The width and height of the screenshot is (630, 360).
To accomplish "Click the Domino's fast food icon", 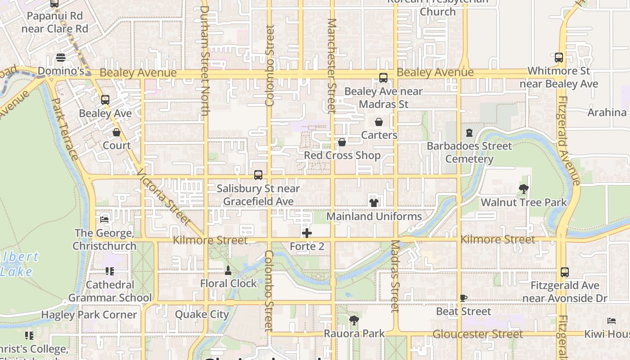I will pos(61,58).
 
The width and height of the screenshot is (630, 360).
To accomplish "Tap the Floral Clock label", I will pos(229,283).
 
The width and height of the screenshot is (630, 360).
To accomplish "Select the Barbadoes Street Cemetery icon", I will pos(469,133).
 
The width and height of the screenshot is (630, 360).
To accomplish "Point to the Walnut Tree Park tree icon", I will pos(523,189).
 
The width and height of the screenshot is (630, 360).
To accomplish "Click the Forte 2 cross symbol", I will pos(307,233).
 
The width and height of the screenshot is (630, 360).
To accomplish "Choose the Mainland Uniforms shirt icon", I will pos(374,203).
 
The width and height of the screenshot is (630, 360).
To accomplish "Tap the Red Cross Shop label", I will pos(342,155).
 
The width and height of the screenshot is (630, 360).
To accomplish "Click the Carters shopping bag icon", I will pos(379,122).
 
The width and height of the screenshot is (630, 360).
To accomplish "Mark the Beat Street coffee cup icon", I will pos(463,298).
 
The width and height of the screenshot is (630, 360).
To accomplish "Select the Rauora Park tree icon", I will pos(354,320).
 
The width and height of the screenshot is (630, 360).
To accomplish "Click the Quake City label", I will pos(202,314).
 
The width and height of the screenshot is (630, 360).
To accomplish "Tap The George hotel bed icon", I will pos(105,220).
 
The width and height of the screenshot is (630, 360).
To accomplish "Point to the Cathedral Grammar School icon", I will pos(110,271).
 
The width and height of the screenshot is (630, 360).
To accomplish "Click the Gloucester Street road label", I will pos(477,334).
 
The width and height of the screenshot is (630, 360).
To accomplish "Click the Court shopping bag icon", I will pos(117,132).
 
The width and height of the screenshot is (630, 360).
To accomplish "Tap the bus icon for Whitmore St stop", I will pos(559,58).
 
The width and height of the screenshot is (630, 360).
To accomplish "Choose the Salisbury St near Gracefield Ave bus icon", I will pos(258,175).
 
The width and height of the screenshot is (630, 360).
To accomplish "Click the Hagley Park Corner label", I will pos(89,315).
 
